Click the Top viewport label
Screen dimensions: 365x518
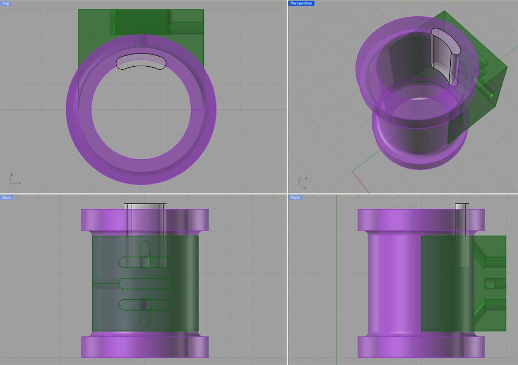pos(5,3)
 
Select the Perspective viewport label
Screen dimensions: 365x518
pos(301,3)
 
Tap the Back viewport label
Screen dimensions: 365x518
pos(7,197)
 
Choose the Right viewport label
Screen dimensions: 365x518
pos(295,197)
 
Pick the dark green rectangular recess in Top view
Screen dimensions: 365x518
pos(140,22)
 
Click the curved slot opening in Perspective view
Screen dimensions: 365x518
pos(445,56)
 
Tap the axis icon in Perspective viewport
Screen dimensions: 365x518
pos(302,181)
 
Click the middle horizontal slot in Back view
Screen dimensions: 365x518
pos(145,284)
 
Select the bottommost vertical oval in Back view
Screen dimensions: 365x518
pos(145,317)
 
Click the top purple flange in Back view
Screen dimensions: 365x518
pos(145,219)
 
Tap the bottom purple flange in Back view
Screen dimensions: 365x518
pos(145,347)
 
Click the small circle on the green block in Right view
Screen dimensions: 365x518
pos(489,284)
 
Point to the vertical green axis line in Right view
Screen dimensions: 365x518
pos(336,278)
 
